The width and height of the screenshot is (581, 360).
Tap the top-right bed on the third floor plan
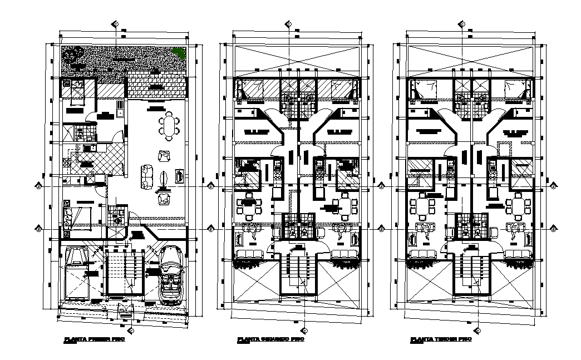coord(515,89)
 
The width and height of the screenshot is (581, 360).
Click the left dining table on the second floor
coord(248,205)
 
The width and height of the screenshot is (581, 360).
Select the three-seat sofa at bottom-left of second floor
coord(250,255)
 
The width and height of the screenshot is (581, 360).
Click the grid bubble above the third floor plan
coord(461,24)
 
